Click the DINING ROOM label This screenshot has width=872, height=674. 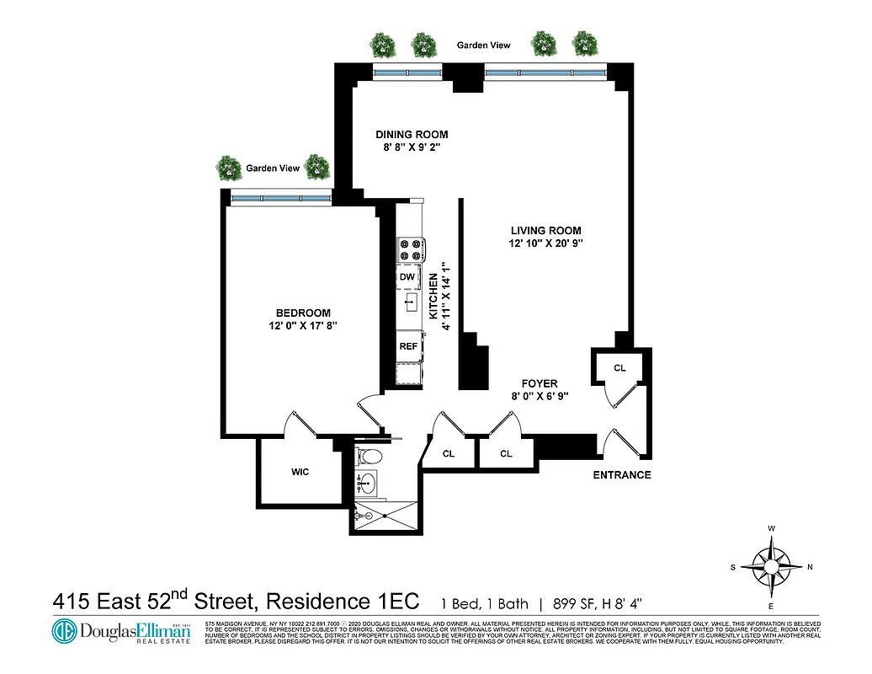point(412,134)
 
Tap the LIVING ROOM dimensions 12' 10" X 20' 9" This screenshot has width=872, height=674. point(545,243)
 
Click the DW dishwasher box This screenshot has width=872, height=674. point(407,277)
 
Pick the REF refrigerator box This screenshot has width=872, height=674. point(408,345)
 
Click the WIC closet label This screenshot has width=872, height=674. point(300,472)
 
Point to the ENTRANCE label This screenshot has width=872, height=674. point(622,475)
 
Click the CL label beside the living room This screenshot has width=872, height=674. point(619,367)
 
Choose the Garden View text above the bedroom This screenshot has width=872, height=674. point(273,168)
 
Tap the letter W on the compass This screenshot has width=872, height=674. point(772,529)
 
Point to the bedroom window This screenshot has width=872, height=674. point(279,198)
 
